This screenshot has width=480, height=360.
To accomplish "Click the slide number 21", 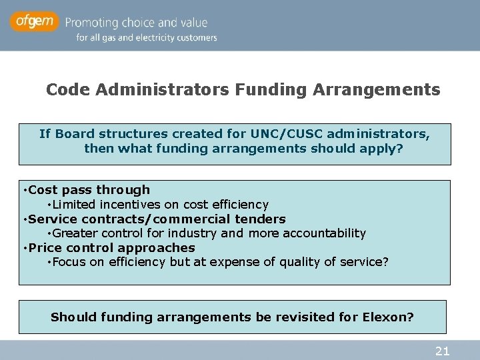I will click(x=442, y=351).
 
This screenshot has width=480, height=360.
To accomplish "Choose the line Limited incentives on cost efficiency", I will click(x=160, y=205).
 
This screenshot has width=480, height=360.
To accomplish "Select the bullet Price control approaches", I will click(x=111, y=247).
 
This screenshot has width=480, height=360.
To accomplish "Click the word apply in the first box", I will click(x=385, y=148).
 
